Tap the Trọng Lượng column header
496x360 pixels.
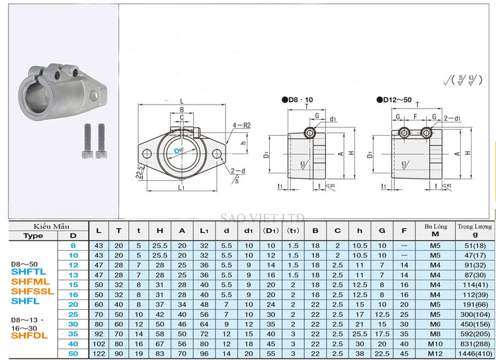[470, 226]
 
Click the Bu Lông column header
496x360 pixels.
[435, 226]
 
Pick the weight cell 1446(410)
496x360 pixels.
[470, 355]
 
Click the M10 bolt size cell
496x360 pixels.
[435, 344]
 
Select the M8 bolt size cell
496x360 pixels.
[435, 334]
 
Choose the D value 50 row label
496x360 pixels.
[73, 355]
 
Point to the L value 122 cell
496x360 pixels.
[99, 355]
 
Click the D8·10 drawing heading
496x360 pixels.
[298, 101]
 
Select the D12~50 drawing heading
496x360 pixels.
[394, 101]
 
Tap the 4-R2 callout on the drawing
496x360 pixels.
[240, 124]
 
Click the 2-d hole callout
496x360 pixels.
[238, 171]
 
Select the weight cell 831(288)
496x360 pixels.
[470, 344]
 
